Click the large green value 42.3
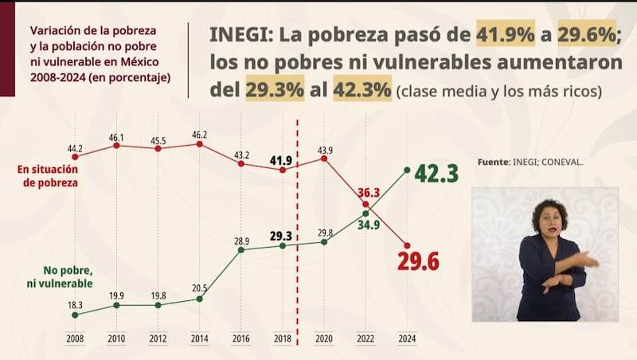click(436, 173)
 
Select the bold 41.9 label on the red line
click(282, 160)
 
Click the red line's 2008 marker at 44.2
click(76, 156)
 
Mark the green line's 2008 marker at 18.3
click(76, 315)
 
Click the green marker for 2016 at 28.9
click(241, 250)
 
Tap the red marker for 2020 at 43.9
click(324, 158)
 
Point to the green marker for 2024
click(407, 169)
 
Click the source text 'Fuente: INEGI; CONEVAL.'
click(530, 162)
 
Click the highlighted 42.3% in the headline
click(361, 90)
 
